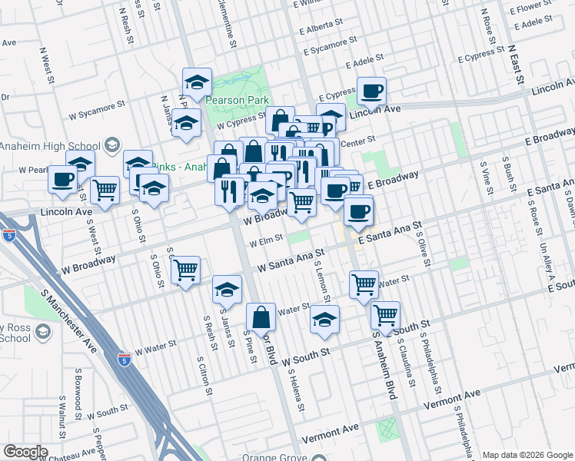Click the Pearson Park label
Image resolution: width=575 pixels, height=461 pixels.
click(237, 100)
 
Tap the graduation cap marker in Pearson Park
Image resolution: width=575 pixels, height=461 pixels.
click(197, 82)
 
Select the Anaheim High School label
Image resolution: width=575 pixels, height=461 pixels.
click(50, 146)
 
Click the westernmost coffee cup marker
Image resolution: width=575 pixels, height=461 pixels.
click(62, 180)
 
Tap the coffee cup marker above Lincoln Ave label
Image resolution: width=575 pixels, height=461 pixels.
click(371, 91)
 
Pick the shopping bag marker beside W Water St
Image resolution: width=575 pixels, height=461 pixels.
click(261, 317)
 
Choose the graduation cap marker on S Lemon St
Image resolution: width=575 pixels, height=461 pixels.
click(325, 319)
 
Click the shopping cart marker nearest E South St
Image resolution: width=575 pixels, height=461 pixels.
click(385, 314)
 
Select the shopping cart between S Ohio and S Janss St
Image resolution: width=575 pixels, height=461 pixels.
click(185, 270)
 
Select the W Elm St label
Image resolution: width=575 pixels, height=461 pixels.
click(261, 245)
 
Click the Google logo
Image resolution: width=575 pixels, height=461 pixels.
click(25, 451)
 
